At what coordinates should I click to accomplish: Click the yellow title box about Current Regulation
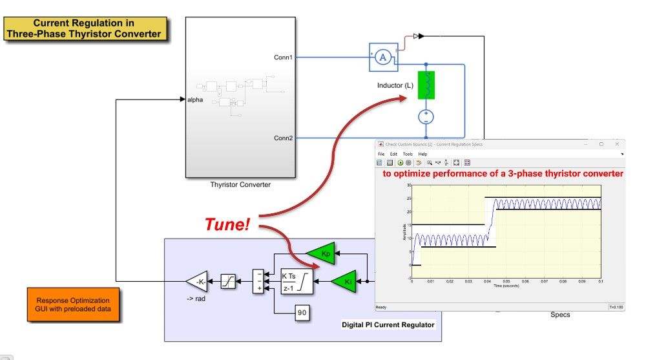84,29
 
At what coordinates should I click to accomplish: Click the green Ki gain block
347,282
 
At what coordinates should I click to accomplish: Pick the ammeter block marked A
382,58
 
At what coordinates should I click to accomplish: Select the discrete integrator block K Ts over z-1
296,282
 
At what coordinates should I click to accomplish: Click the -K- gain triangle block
198,282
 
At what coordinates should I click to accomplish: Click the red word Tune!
227,224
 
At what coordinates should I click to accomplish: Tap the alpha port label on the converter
195,100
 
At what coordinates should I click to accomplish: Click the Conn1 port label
283,58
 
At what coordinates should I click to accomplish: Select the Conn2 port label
283,138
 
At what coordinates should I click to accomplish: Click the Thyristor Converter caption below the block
240,185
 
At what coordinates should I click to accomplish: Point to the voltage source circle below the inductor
426,117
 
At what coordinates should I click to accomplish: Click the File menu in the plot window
381,154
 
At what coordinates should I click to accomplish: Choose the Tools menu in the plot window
408,154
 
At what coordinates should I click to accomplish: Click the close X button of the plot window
618,144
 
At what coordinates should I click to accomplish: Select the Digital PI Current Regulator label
388,324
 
